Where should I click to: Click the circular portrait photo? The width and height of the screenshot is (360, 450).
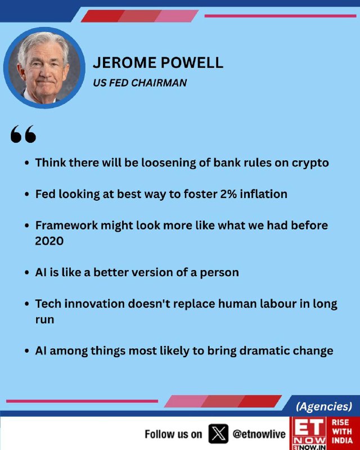pyautogui.click(x=44, y=67)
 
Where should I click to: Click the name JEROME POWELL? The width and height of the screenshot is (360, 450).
pyautogui.click(x=158, y=62)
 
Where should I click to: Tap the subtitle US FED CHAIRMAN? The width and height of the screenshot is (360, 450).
pyautogui.click(x=140, y=83)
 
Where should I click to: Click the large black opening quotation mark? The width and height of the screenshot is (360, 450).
pyautogui.click(x=23, y=134)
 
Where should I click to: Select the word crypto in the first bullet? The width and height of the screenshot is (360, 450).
pyautogui.click(x=310, y=163)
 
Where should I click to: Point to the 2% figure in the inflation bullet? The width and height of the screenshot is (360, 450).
pyautogui.click(x=228, y=194)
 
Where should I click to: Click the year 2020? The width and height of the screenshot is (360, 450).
pyautogui.click(x=49, y=241)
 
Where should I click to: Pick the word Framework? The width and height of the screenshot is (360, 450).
pyautogui.click(x=66, y=226)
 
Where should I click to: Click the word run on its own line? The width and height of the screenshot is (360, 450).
pyautogui.click(x=44, y=319)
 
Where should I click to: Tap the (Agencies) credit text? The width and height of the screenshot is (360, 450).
pyautogui.click(x=324, y=406)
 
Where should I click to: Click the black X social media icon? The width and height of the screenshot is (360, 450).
pyautogui.click(x=218, y=434)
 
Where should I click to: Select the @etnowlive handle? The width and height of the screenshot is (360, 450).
pyautogui.click(x=259, y=434)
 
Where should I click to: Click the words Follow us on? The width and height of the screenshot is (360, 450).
pyautogui.click(x=173, y=434)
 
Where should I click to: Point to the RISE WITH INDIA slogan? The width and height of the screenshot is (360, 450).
pyautogui.click(x=342, y=431)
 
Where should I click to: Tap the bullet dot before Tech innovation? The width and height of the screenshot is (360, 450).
pyautogui.click(x=26, y=304)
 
